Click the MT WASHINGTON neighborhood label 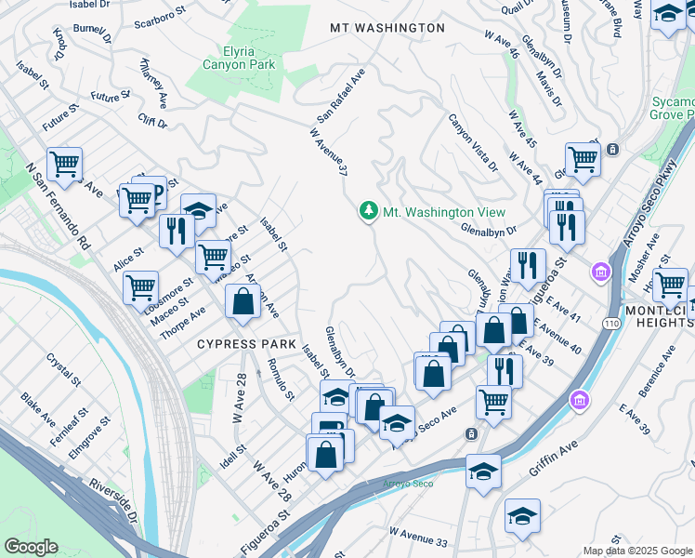point(387,28)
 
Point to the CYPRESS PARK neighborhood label point(245,343)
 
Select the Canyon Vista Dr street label point(473,143)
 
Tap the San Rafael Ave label point(337,98)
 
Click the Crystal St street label point(66,369)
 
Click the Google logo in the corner point(31,547)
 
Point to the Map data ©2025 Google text point(637,551)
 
